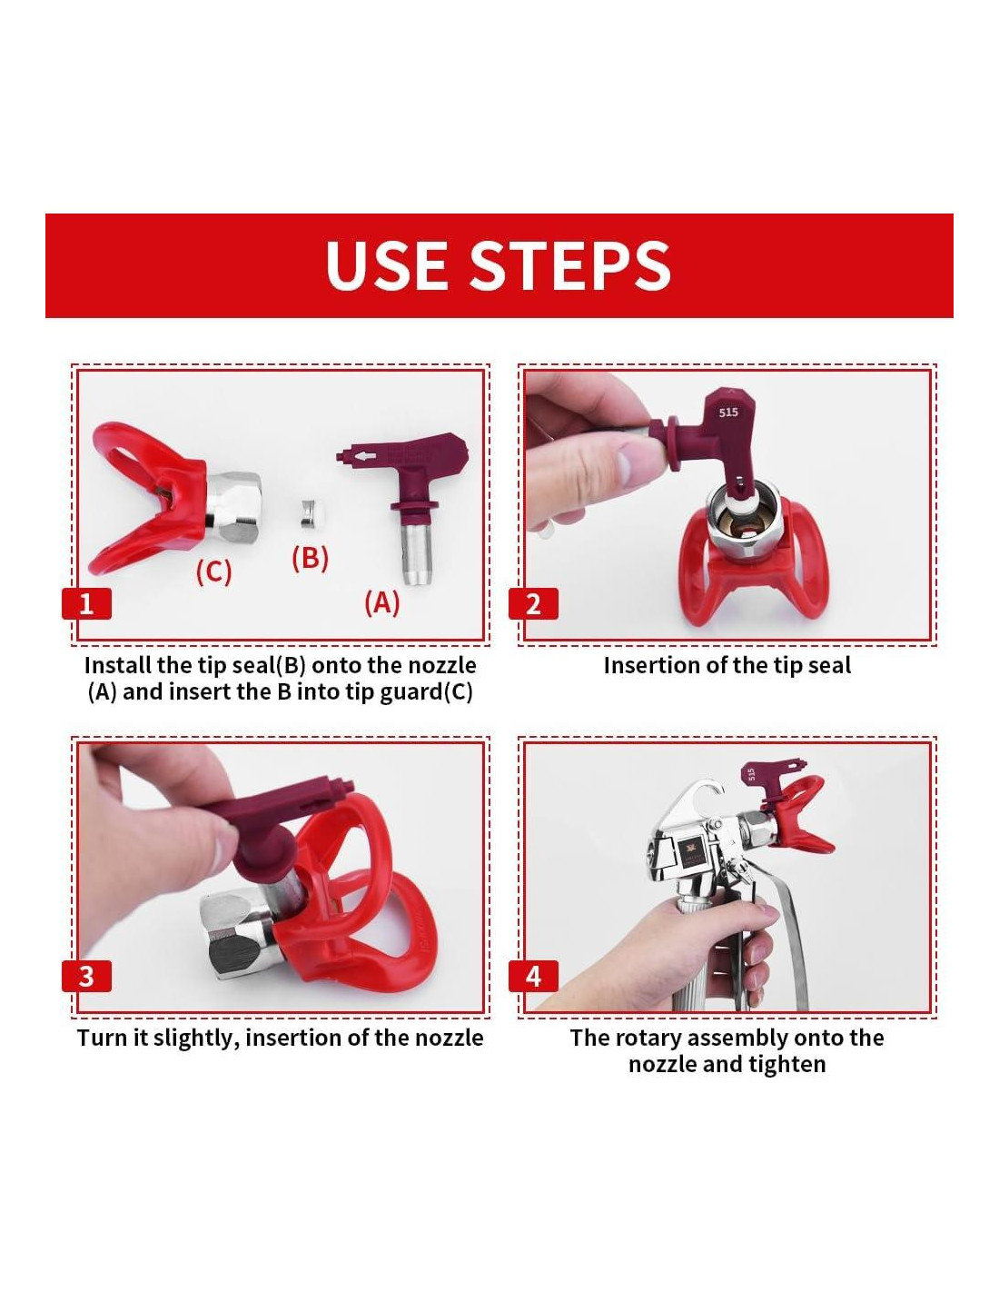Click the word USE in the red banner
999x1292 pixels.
387,265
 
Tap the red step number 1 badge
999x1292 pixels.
86,603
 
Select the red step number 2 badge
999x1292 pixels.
533,603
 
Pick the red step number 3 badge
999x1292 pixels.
86,976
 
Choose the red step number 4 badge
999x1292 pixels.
533,976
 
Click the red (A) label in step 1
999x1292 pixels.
381,602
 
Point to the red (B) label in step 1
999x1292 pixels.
310,558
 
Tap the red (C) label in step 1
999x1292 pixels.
213,571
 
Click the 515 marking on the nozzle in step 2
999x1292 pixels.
728,412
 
